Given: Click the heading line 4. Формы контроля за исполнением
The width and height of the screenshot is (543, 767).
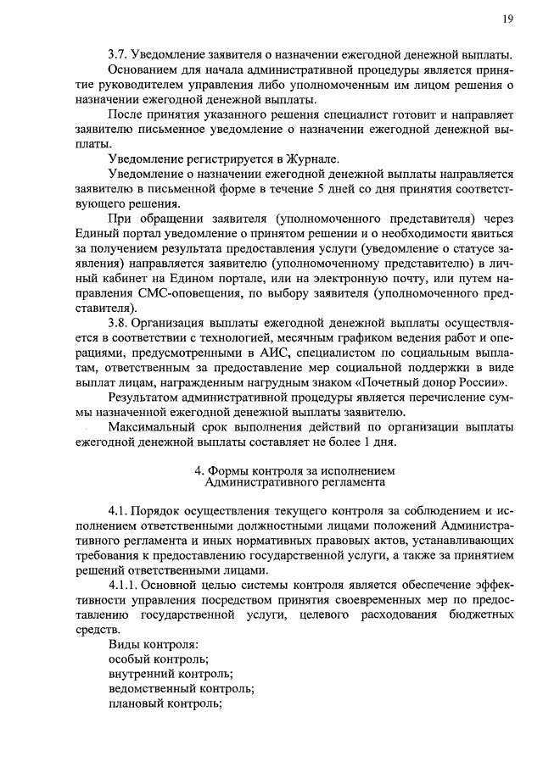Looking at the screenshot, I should pos(295,471).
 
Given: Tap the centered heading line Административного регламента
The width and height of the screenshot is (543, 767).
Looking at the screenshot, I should pos(295,484).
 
